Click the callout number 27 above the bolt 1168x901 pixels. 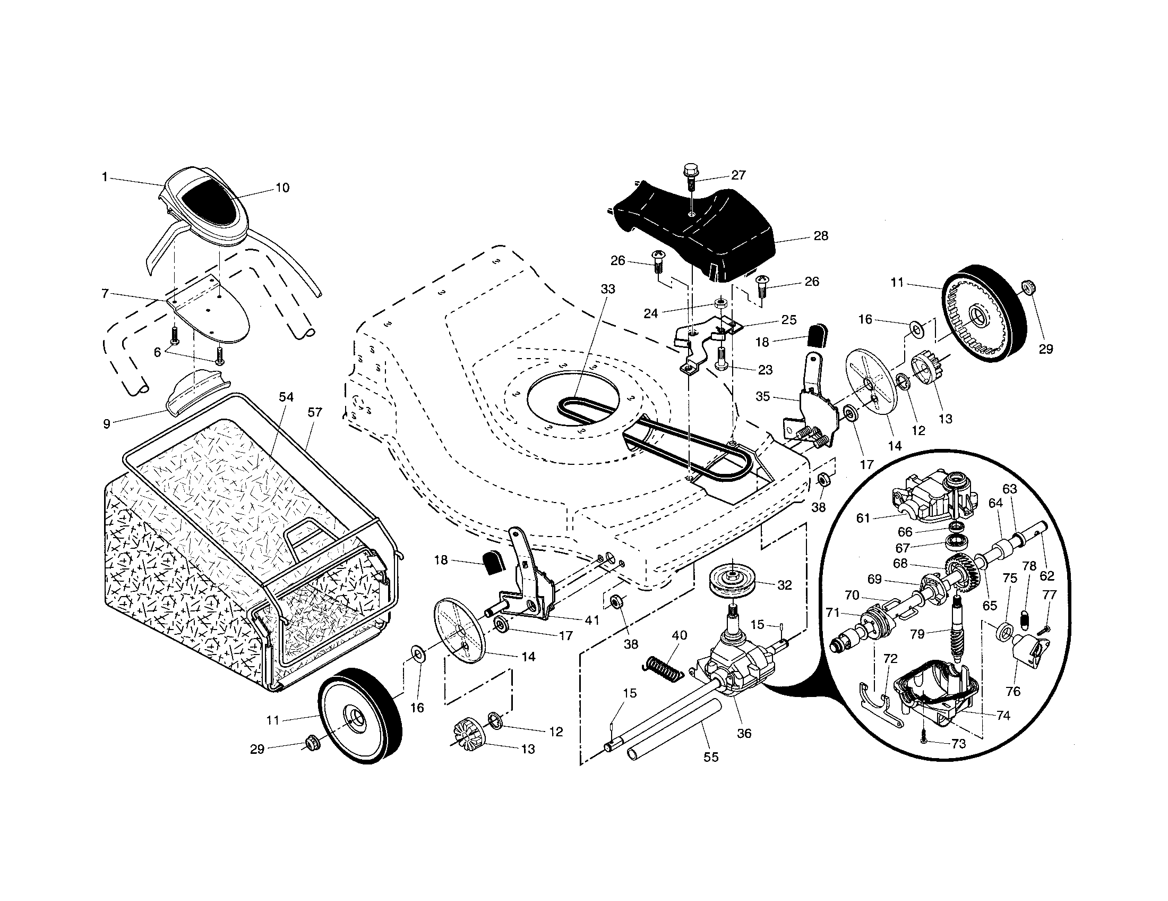pyautogui.click(x=738, y=175)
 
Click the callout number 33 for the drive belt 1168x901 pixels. pyautogui.click(x=608, y=289)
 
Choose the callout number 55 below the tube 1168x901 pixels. pyautogui.click(x=711, y=757)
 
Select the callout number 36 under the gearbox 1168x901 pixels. pyautogui.click(x=744, y=733)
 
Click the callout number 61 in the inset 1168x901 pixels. pyautogui.click(x=863, y=518)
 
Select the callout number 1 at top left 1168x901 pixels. pyautogui.click(x=105, y=176)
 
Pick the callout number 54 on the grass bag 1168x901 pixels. pyautogui.click(x=286, y=397)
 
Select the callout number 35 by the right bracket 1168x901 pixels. pyautogui.click(x=762, y=396)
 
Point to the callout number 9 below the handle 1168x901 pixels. pyautogui.click(x=107, y=424)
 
